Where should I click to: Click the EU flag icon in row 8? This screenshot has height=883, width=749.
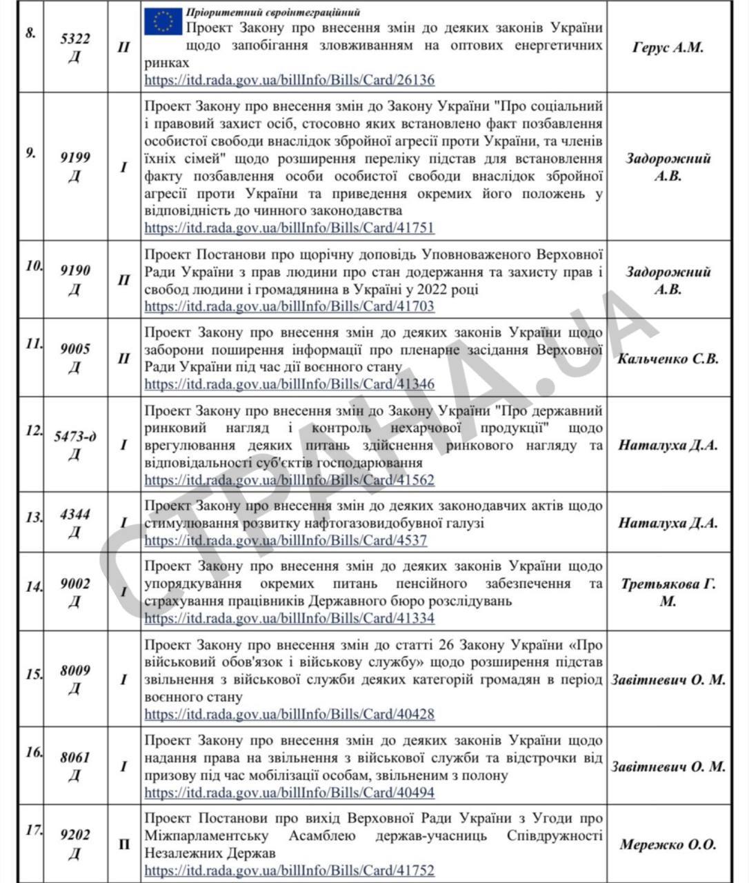pyautogui.click(x=163, y=22)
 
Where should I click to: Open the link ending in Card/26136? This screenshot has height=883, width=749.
pyautogui.click(x=290, y=80)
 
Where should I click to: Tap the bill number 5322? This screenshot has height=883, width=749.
pyautogui.click(x=74, y=39)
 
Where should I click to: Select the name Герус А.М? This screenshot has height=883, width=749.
pyautogui.click(x=668, y=48)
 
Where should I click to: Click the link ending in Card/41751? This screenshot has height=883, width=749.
pyautogui.click(x=290, y=228)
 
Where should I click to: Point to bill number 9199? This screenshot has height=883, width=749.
pyautogui.click(x=74, y=158)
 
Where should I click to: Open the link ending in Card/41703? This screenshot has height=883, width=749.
pyautogui.click(x=290, y=306)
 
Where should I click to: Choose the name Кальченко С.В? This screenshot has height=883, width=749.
pyautogui.click(x=668, y=359)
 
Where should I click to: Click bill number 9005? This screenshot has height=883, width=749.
pyautogui.click(x=74, y=349)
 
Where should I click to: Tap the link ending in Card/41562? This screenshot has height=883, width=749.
pyautogui.click(x=290, y=479)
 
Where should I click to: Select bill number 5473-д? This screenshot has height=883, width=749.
pyautogui.click(x=75, y=436)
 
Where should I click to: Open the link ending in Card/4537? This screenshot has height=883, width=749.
pyautogui.click(x=286, y=541)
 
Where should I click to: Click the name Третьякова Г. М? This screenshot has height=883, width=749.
pyautogui.click(x=668, y=593)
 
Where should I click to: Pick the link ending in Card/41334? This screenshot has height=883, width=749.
pyautogui.click(x=290, y=618)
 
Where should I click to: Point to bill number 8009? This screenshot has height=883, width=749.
pyautogui.click(x=74, y=670)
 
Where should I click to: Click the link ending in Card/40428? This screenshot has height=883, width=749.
pyautogui.click(x=290, y=714)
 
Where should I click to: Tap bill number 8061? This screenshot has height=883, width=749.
pyautogui.click(x=74, y=757)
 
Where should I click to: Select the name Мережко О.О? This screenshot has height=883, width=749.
pyautogui.click(x=668, y=844)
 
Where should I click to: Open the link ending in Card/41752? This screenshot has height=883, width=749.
pyautogui.click(x=290, y=871)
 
